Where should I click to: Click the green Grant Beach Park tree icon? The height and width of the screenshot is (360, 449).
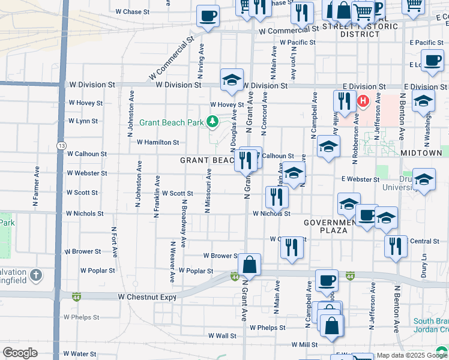click(212, 122)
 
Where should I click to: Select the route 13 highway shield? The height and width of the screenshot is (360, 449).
click(62, 146)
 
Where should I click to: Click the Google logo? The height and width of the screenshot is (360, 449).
click(20, 353)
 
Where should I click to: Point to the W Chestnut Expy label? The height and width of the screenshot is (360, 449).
click(147, 296)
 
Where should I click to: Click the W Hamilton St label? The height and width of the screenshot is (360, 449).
click(158, 142)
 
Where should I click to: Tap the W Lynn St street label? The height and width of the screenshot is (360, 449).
click(83, 121)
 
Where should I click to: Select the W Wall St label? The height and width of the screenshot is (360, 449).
click(222, 336)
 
